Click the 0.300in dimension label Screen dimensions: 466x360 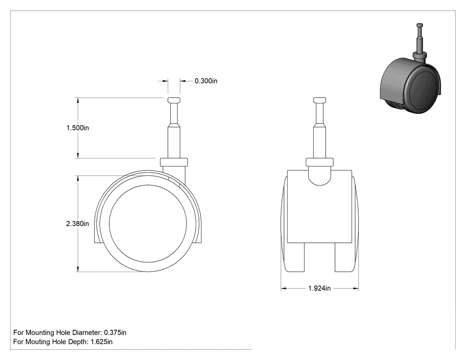click(206, 81)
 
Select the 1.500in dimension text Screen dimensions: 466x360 click(78, 128)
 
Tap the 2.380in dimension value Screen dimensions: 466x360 click(78, 224)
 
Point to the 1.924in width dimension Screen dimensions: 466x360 click(320, 289)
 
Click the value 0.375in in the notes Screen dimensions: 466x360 click(115, 332)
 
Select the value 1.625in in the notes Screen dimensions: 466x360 click(102, 342)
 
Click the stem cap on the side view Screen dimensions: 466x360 click(174, 100)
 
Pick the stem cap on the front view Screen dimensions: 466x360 click(320, 100)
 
